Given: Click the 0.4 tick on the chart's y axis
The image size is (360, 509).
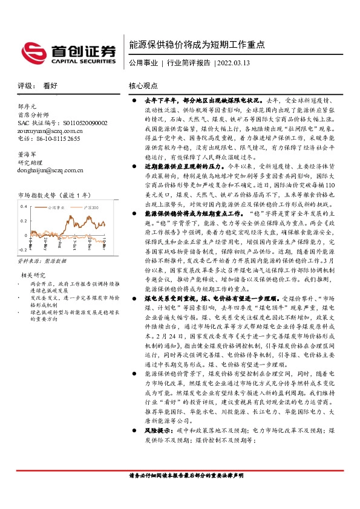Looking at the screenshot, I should [x=23, y=206].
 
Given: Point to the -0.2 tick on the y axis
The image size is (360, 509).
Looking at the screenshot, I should [x=22, y=249].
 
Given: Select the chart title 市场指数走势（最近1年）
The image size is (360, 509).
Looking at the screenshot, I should [x=54, y=195].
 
